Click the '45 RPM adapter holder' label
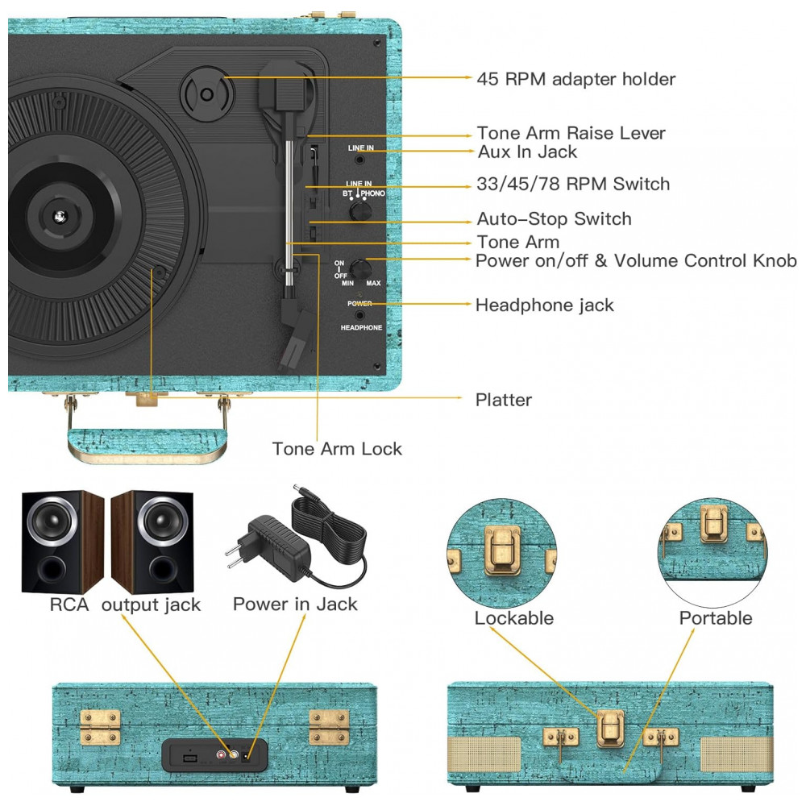point(575,79)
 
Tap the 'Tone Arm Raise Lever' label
point(571,133)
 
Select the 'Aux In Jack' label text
point(527,152)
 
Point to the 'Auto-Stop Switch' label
point(554,219)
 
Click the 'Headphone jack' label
point(544,305)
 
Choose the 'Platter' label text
point(503,400)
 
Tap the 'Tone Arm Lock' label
point(337,449)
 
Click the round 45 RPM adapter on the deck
point(206,93)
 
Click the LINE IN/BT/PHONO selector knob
point(361,210)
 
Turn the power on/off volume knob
point(360,269)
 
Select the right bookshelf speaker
point(152,542)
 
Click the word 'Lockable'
point(513,618)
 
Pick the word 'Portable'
point(715,618)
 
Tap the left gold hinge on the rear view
point(100,727)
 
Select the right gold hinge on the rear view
point(329,727)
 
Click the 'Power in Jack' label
point(295,604)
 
